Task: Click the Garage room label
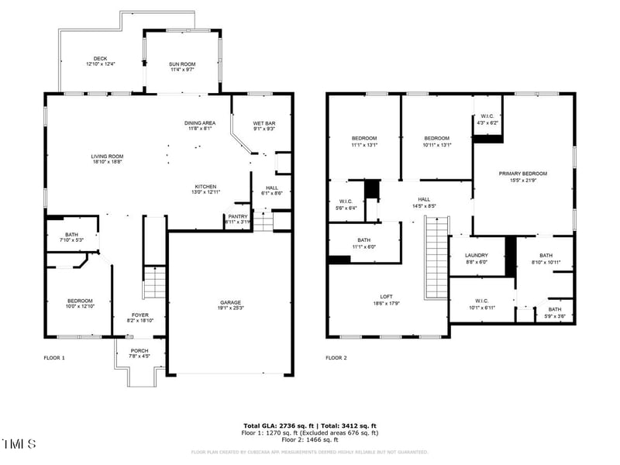229,305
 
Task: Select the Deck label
101,60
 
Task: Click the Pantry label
237,219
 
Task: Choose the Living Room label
107,159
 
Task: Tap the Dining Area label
200,126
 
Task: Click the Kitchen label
205,189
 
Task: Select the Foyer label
139,317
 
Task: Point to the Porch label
139,353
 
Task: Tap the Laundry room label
475,258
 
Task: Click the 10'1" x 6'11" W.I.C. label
482,305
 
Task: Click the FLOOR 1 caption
54,358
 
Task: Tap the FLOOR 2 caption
336,358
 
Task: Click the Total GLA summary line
310,426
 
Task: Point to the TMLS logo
19,444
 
